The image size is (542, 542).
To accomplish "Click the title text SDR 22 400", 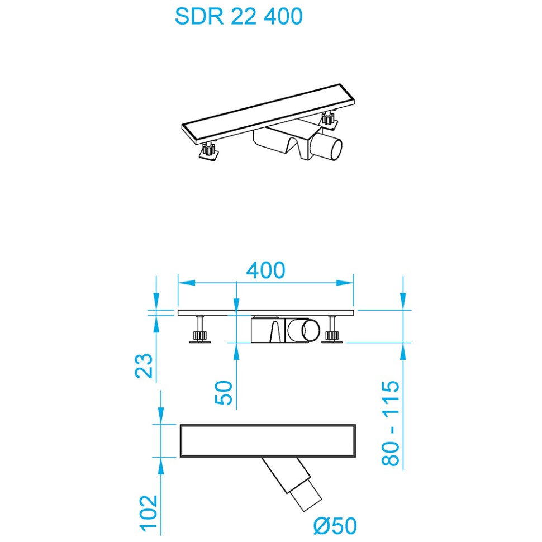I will (x=239, y=16).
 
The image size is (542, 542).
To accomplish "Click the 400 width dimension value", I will (x=266, y=270).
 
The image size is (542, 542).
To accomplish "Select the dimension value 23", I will (x=145, y=366).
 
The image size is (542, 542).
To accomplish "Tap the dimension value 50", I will (x=224, y=394).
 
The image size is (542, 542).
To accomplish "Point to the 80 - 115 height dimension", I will (x=391, y=423).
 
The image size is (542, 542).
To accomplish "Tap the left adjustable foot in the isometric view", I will (x=208, y=152).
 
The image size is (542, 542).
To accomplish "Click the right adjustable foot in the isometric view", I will (x=327, y=118).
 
